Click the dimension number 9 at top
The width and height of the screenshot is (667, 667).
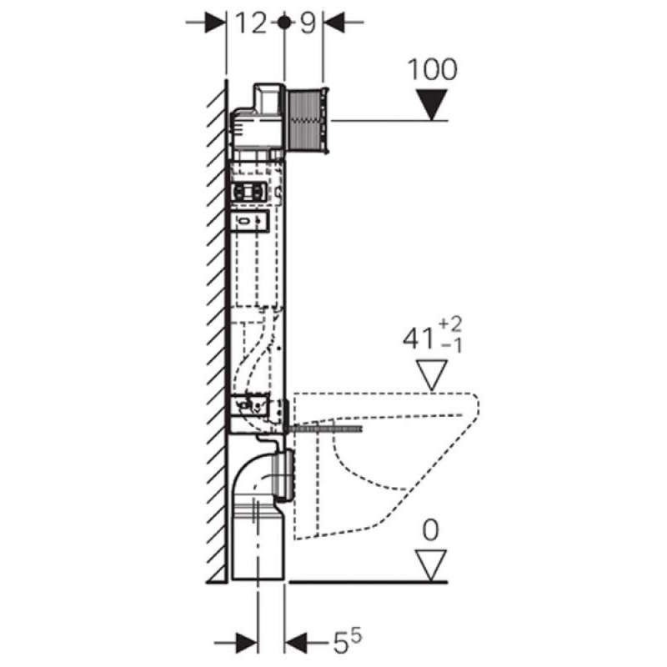(308, 23)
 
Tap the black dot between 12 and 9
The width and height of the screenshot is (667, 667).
(284, 23)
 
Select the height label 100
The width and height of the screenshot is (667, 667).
(432, 69)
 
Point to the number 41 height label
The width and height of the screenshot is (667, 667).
(419, 339)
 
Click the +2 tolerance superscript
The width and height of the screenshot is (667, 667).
(450, 324)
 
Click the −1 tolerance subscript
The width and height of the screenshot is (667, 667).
(451, 346)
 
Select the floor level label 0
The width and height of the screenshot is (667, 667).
(430, 530)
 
